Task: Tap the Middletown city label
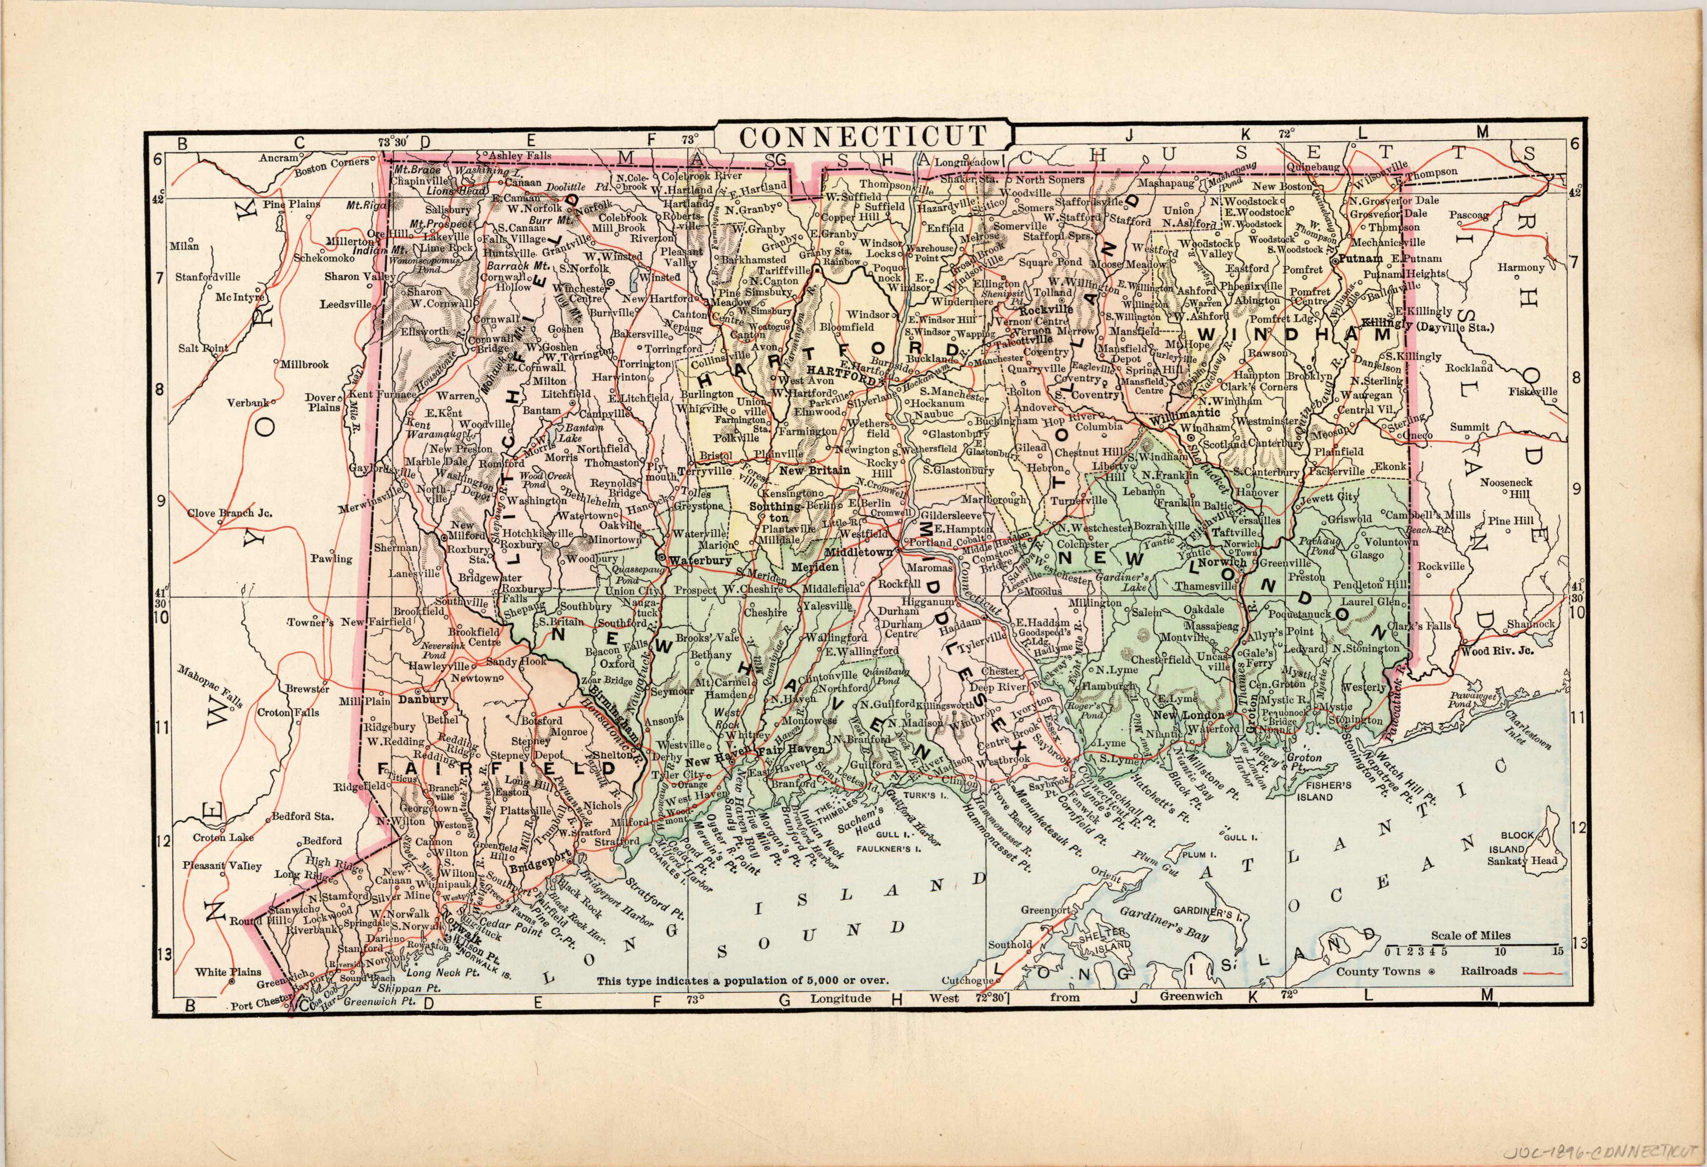859,551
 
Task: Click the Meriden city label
814,567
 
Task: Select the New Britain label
814,470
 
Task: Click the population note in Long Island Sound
742,980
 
